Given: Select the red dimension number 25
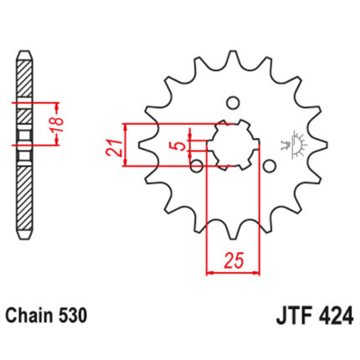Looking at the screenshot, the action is pos(234,260).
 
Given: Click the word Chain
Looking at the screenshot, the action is pos(30,316).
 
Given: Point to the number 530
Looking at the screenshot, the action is pos(73,316).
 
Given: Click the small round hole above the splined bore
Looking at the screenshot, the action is pos(233,103).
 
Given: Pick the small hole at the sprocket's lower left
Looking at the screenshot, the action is pos(197,166).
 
